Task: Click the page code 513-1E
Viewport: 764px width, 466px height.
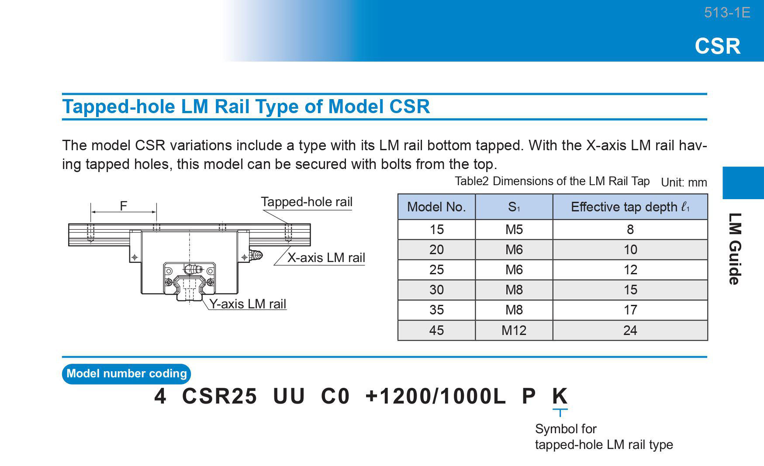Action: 727,13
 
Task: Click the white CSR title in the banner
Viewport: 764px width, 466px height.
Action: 718,46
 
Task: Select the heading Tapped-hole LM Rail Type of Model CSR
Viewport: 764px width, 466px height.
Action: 246,106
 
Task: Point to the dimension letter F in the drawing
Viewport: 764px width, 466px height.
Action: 124,206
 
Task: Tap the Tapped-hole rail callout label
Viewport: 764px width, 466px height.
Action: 307,202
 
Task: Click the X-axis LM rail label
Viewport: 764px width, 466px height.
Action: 326,258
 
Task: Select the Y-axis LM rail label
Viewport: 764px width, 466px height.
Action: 248,304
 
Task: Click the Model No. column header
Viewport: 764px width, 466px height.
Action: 436,207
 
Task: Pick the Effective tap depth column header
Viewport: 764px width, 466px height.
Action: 630,207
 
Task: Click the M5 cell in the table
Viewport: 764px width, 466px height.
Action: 514,229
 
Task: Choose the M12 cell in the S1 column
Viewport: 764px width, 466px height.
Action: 514,330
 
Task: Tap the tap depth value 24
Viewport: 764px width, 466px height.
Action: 630,330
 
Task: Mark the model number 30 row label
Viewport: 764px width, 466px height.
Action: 436,290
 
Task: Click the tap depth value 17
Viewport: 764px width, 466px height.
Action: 630,310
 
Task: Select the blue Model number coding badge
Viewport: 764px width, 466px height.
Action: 127,374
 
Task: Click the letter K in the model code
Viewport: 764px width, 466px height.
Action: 560,396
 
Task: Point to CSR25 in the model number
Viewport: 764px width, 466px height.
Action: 219,396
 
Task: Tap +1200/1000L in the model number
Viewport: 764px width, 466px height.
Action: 436,396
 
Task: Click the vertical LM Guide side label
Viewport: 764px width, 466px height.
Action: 735,249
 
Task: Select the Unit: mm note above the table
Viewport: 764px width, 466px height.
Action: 684,183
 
